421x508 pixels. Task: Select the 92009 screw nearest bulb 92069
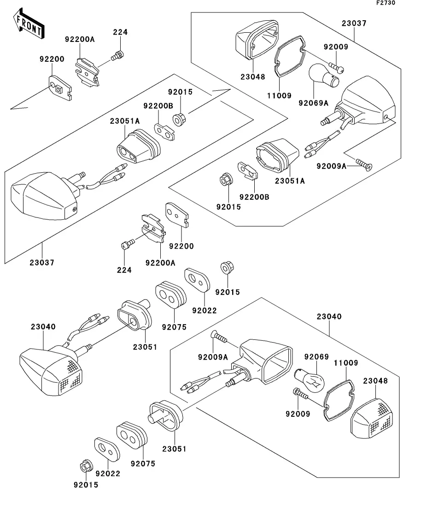pyautogui.click(x=302, y=394)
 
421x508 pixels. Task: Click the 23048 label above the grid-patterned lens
pyautogui.click(x=375, y=381)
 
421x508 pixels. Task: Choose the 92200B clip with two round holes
pyautogui.click(x=164, y=130)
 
